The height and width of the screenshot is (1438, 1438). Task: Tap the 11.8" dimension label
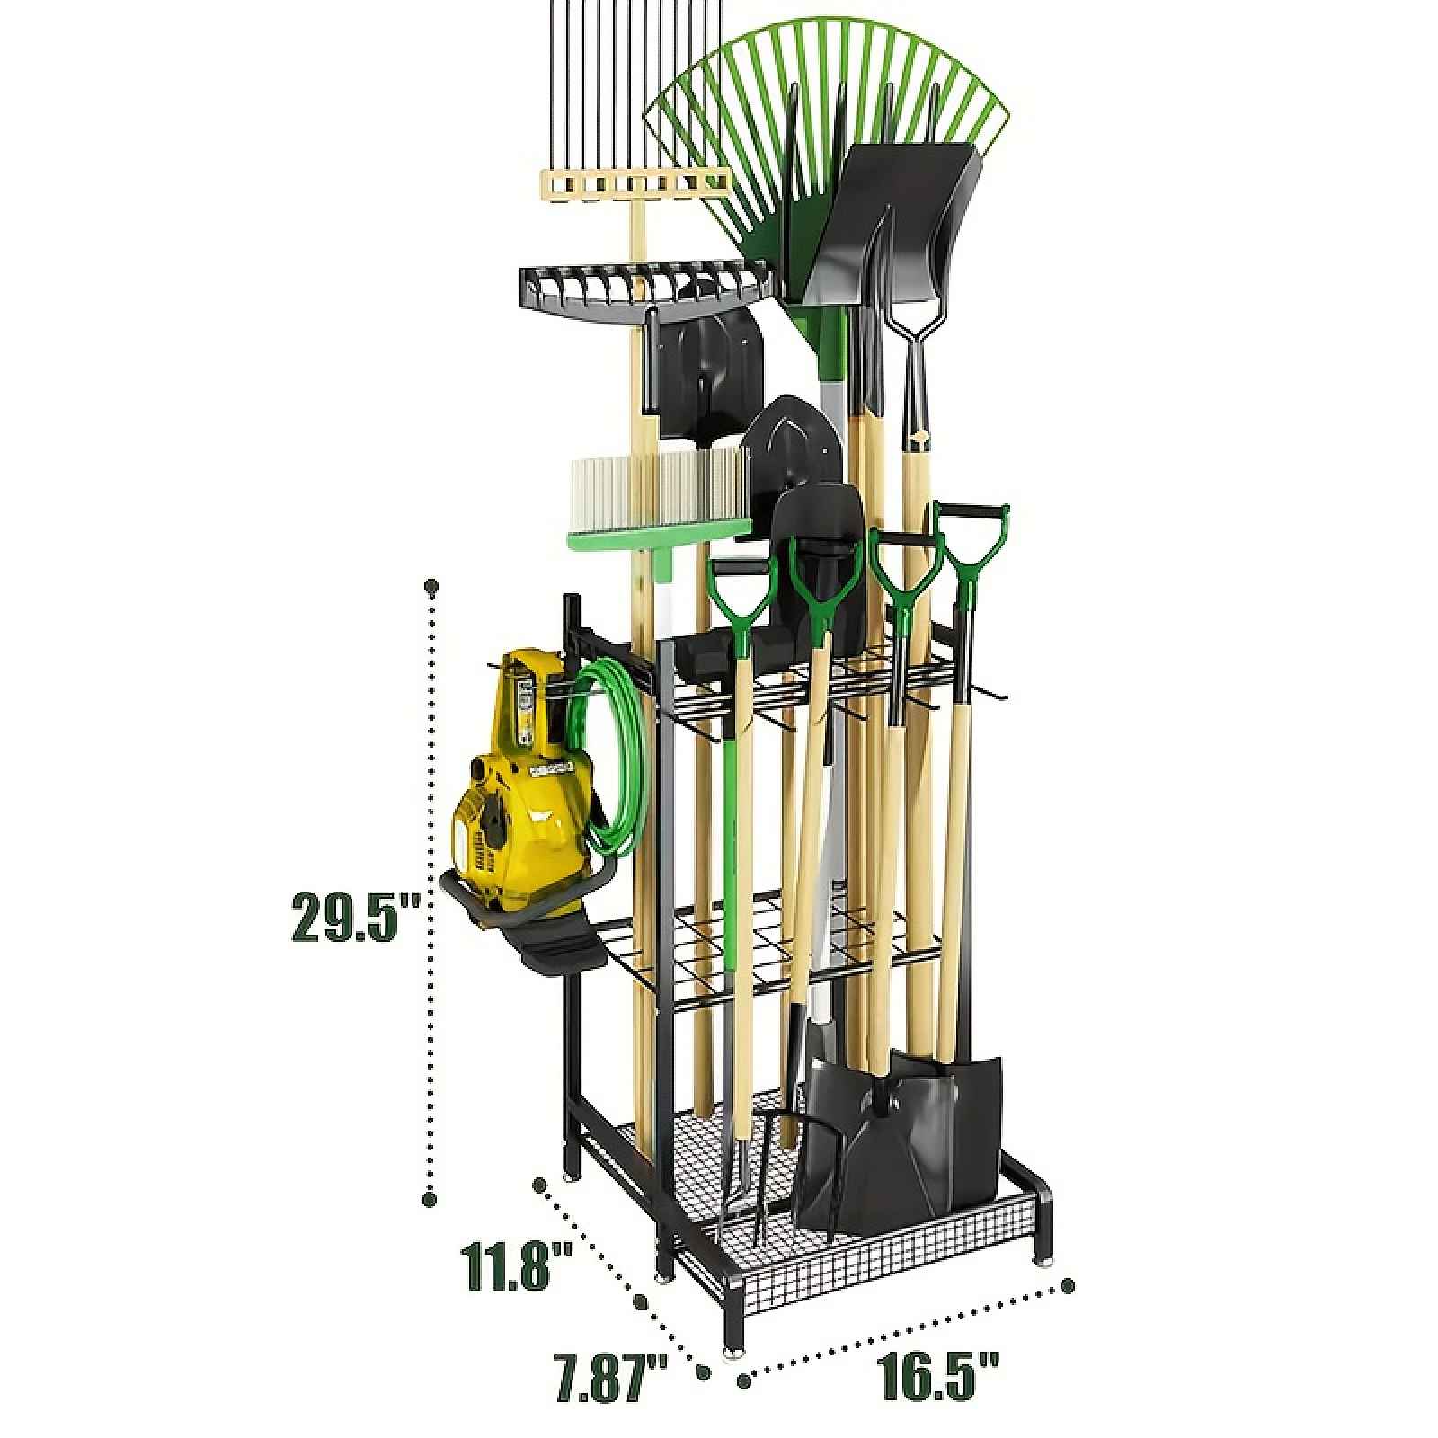point(517,1265)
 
